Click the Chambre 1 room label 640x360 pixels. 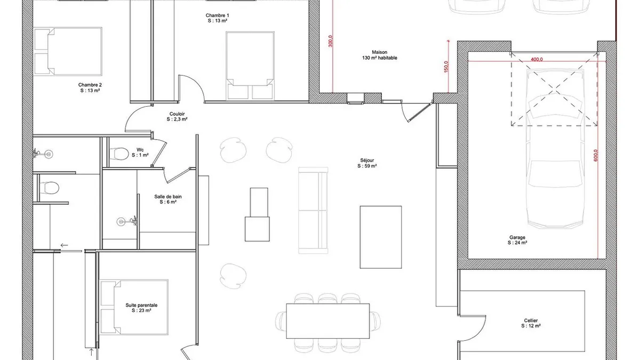pos(218,18)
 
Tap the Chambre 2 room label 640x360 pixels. pos(90,87)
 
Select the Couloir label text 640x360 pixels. pos(177,117)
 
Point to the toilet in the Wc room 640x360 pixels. pos(119,154)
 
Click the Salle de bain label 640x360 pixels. pos(168,199)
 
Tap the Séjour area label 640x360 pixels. pos(367,163)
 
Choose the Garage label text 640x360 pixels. pos(517,240)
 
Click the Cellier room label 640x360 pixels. pos(531,323)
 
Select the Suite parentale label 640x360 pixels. pos(141,308)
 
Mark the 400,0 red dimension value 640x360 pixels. pos(537,59)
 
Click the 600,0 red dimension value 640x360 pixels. pos(596,155)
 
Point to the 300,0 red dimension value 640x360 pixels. pos(331,41)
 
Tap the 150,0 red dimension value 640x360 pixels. pos(446,67)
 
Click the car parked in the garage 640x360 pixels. pos(555,149)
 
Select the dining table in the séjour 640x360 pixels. pos(327,321)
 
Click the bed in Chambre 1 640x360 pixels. pos(250,66)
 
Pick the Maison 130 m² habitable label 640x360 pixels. pos(379,55)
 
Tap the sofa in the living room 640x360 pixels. pos(313,211)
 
